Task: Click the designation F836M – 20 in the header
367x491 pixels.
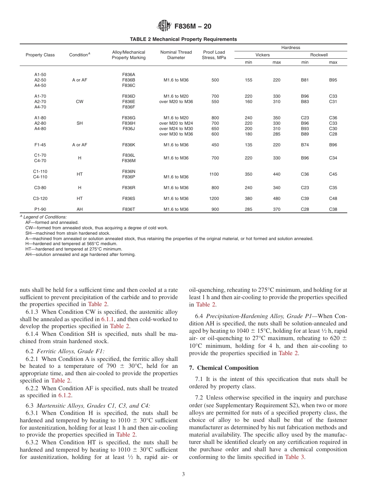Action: pyautogui.click(x=193, y=27)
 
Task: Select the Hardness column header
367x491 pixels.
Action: pyautogui.click(x=291, y=47)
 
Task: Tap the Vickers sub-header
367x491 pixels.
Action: pyautogui.click(x=263, y=55)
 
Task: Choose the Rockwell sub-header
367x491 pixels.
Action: pyautogui.click(x=319, y=55)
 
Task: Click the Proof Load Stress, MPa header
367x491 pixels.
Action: pyautogui.click(x=214, y=55)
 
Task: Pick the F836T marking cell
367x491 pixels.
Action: pyautogui.click(x=129, y=209)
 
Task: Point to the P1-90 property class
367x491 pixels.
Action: pyautogui.click(x=40, y=209)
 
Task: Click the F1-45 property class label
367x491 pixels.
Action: pyautogui.click(x=40, y=145)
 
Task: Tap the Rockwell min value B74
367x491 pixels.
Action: pyautogui.click(x=305, y=145)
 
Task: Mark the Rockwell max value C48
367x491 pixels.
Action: pyautogui.click(x=333, y=198)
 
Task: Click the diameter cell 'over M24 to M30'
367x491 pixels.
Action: pyautogui.click(x=176, y=129)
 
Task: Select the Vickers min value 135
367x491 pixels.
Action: pyautogui.click(x=249, y=145)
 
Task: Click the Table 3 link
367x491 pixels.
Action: pyautogui.click(x=292, y=457)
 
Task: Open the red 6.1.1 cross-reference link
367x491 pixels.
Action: pyautogui.click(x=108, y=319)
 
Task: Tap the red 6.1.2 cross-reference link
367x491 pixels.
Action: pyautogui.click(x=65, y=395)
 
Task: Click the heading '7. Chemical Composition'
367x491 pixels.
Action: pyautogui.click(x=224, y=367)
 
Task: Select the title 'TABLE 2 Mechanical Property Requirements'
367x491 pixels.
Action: pyautogui.click(x=183, y=39)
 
